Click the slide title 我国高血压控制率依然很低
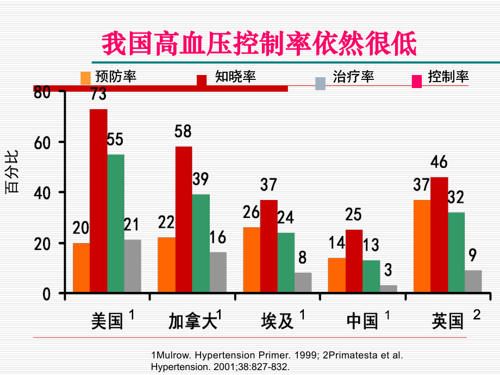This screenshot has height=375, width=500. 260,44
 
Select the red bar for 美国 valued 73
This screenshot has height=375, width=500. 98,201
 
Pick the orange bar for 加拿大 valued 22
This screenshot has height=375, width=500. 166,265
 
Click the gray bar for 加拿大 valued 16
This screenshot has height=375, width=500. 218,272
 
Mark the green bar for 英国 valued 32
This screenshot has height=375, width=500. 457,253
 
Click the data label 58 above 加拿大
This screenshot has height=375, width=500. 183,132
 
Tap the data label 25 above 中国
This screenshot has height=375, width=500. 353,215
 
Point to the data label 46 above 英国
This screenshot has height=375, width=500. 439,162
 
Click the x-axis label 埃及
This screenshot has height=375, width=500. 277,321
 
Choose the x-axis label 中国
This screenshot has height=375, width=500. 362,321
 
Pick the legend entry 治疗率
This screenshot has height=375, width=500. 353,77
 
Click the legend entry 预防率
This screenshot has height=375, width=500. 115,77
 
